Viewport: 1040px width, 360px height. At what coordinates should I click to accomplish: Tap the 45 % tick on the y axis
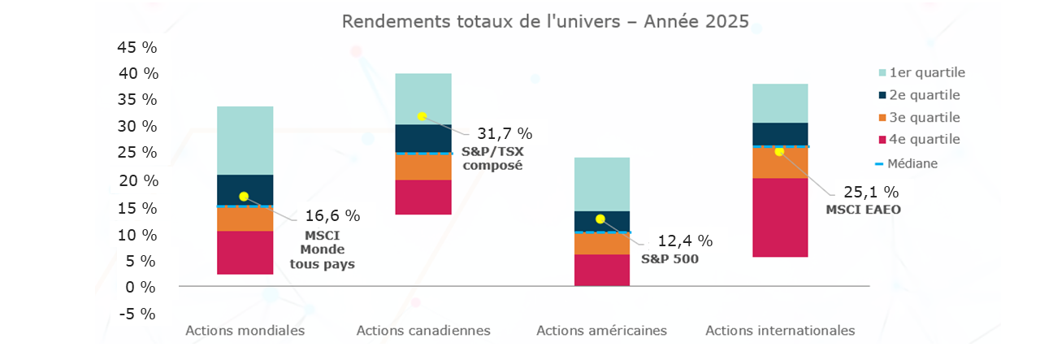[x=137, y=47]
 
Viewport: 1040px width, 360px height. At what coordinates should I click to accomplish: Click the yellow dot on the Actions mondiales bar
[x=244, y=196]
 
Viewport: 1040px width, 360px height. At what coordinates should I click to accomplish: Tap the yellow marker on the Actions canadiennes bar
[x=422, y=116]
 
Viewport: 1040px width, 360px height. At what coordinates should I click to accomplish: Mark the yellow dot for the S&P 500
[x=600, y=219]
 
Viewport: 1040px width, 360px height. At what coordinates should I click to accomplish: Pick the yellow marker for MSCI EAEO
[x=779, y=152]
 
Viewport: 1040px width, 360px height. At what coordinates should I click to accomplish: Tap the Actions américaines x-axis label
[x=601, y=331]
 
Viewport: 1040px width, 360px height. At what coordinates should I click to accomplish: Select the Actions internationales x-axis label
[x=780, y=331]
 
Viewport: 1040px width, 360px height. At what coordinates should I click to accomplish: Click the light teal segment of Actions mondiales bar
[x=245, y=141]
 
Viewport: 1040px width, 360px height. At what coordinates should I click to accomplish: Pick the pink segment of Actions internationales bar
[x=780, y=217]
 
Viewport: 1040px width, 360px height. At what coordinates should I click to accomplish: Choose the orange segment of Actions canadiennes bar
[x=422, y=167]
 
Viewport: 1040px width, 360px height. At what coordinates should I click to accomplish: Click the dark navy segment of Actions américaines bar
[x=601, y=221]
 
